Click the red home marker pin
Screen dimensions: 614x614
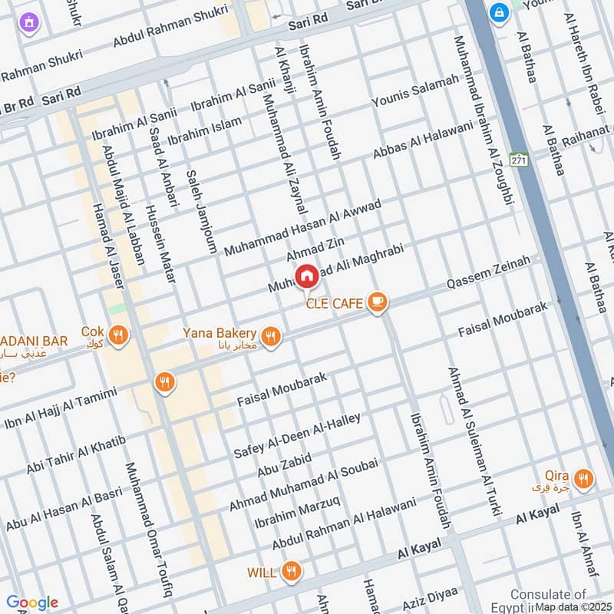tap(306, 276)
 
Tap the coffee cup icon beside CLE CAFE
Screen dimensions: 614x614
tap(376, 302)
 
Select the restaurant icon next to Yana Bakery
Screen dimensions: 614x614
tap(271, 336)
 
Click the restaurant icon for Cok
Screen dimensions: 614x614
tap(118, 335)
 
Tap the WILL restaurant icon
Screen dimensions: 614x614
tap(290, 571)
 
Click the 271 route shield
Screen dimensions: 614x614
tap(520, 160)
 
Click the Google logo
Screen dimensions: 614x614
tap(32, 602)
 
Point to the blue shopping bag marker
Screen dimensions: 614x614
tap(500, 13)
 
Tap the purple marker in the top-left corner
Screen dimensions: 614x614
tap(30, 22)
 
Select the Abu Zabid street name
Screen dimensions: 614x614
tap(284, 464)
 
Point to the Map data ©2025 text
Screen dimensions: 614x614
tap(573, 606)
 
